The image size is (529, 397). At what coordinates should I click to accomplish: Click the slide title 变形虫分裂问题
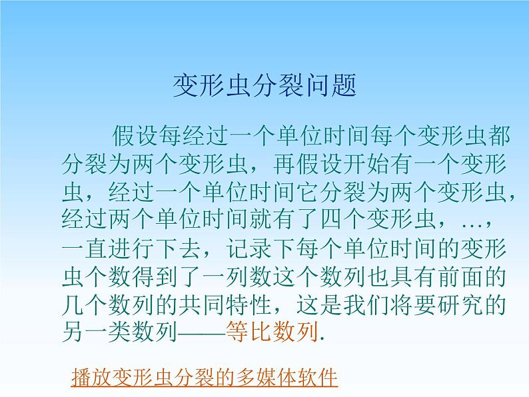coord(264,86)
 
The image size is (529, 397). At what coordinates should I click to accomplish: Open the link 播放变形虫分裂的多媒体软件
coord(205,378)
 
